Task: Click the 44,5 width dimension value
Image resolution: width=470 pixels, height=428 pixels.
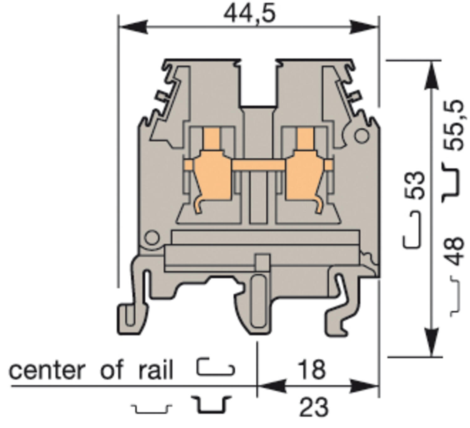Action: tap(249, 14)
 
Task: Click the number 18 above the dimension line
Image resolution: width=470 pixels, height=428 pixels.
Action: tap(311, 370)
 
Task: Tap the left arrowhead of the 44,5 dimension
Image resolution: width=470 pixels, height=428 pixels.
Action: tap(133, 27)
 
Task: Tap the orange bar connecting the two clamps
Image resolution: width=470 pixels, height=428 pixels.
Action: tap(258, 165)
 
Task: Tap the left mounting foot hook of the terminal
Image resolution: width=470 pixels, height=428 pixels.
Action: tap(132, 317)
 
